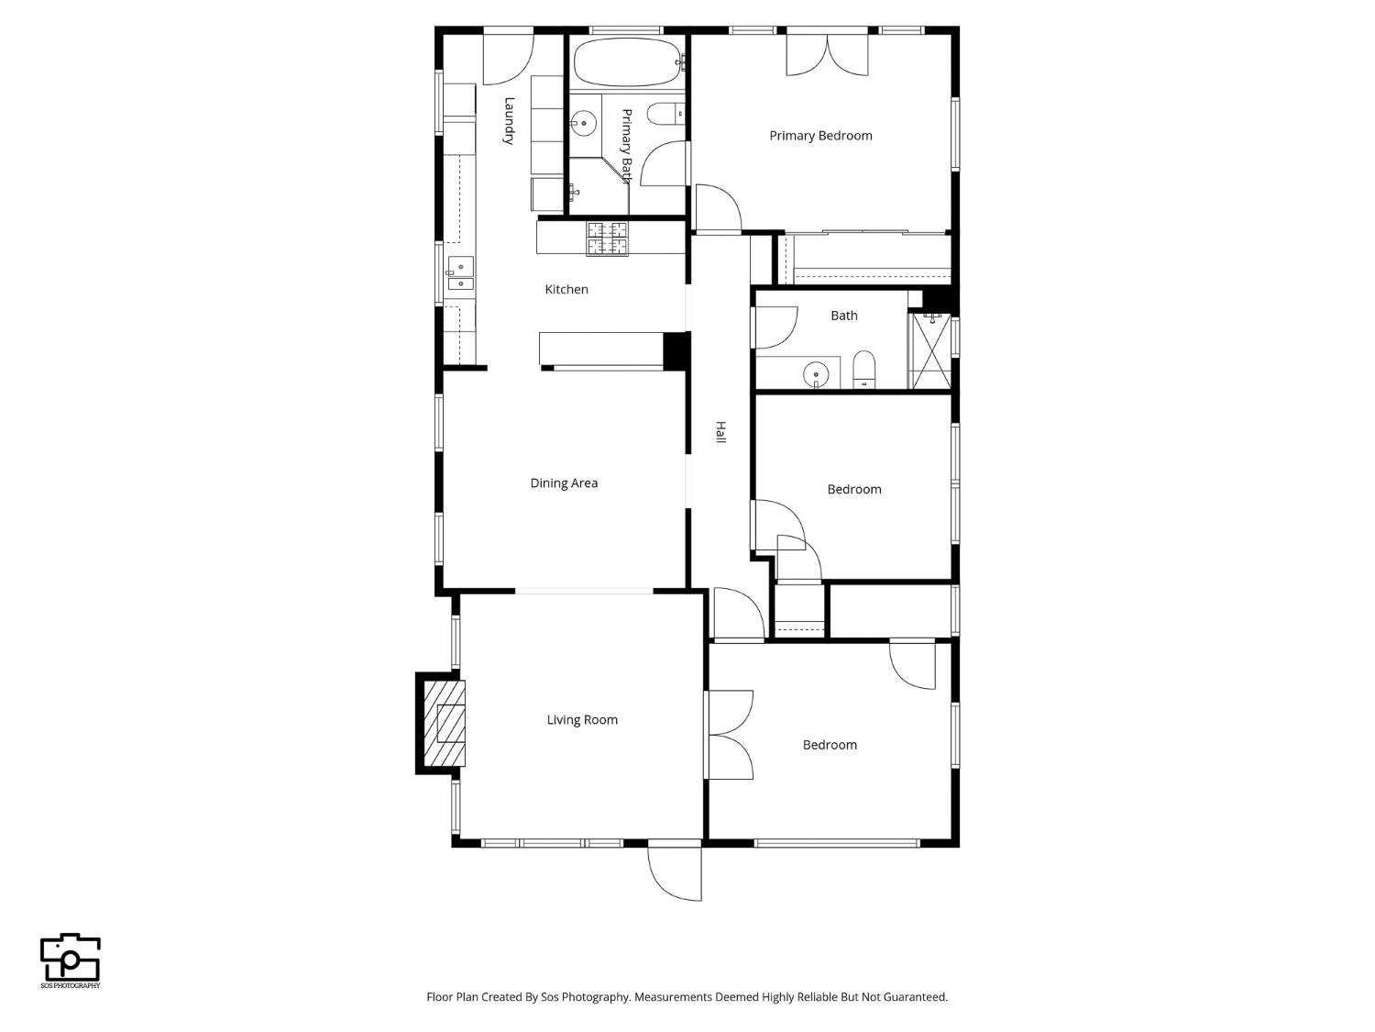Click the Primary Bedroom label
coord(820,136)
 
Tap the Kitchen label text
coord(566,289)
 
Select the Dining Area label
coord(564,483)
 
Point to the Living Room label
coord(582,719)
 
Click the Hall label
coord(721,432)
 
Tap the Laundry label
coord(510,121)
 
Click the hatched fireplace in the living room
coord(445,724)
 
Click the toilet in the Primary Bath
coord(665,114)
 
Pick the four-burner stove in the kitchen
coord(607,239)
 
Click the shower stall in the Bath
coord(930,350)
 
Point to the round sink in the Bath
coord(816,375)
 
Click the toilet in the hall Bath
coord(863,370)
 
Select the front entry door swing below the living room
coord(675,874)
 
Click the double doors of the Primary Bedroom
coord(828,54)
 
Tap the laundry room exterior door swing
coord(508,59)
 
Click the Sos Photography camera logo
coord(71,959)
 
